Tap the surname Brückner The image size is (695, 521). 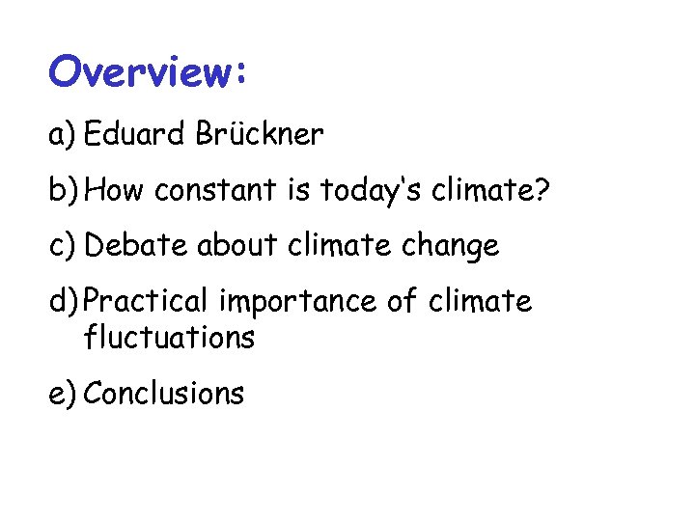tap(262, 135)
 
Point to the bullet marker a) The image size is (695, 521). tap(63, 135)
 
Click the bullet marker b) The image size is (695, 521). tap(64, 191)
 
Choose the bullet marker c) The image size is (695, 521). tap(63, 246)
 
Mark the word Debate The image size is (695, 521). tap(137, 246)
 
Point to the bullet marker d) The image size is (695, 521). tap(64, 302)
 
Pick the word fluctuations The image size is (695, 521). tap(170, 338)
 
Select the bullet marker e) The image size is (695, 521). tap(63, 394)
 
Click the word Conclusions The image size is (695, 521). tap(164, 394)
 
